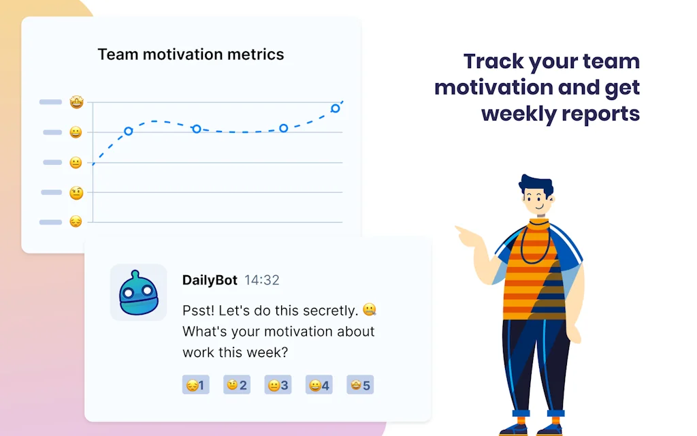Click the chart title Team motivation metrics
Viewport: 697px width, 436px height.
[191, 54]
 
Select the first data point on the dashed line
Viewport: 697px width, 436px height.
[129, 131]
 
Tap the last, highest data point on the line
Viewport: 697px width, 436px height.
[336, 108]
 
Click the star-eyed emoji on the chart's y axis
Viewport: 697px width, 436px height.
[76, 102]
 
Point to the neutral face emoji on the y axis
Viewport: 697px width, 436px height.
[76, 162]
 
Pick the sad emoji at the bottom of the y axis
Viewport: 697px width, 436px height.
[76, 221]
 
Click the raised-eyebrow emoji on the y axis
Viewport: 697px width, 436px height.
[76, 193]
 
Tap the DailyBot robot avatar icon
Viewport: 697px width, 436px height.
[138, 292]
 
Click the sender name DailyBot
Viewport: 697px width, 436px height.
[210, 280]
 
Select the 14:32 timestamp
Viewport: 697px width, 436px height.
[262, 280]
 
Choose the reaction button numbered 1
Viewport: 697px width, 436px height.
[195, 385]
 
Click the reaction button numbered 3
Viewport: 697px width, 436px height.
[278, 385]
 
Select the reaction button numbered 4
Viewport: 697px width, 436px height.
[319, 385]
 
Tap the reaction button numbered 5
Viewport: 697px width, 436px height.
[360, 385]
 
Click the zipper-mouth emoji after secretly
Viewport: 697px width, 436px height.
[370, 309]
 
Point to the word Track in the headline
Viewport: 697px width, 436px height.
[493, 61]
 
